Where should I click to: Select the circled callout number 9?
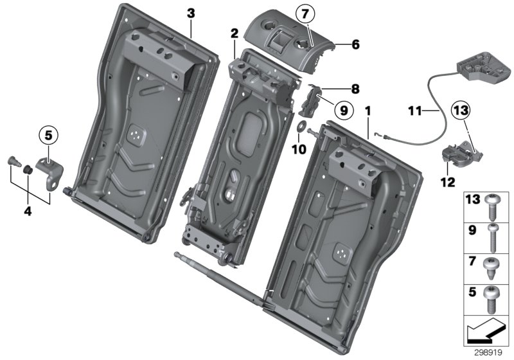tap(343, 110)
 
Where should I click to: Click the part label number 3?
tap(190, 13)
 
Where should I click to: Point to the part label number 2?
tap(235, 33)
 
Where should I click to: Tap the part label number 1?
tap(368, 111)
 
